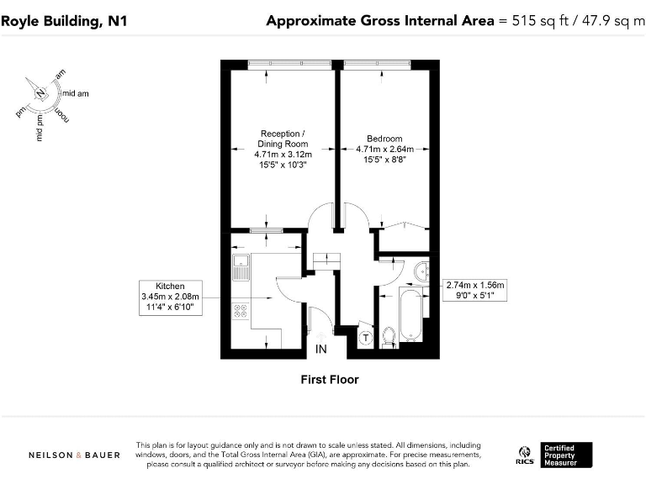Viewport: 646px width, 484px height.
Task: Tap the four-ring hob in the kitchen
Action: pos(240,310)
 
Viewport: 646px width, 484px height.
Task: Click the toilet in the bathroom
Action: pos(388,337)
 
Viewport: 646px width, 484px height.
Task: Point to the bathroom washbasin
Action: pos(420,271)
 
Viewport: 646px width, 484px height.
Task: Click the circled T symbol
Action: pos(366,337)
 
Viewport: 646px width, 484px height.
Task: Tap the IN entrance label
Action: pos(320,349)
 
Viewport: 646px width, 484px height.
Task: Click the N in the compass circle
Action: pos(39,93)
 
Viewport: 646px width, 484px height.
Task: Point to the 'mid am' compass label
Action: pos(76,93)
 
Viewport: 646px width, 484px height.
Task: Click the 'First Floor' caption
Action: pos(330,380)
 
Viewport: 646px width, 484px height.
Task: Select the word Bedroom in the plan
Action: pos(384,139)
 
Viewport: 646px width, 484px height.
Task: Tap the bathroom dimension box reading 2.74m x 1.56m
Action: pos(475,291)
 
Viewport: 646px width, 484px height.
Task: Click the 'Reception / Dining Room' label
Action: pos(283,139)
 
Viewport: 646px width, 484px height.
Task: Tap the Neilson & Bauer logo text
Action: pos(74,455)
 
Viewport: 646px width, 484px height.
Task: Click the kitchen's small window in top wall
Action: pos(267,229)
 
